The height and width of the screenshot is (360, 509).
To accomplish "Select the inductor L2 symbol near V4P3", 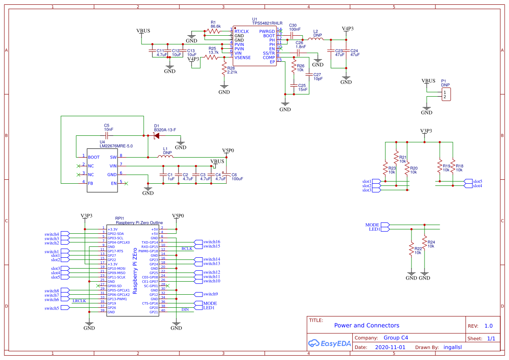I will pyautogui.click(x=316, y=40).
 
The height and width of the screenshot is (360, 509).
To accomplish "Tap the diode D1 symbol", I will pyautogui.click(x=157, y=136).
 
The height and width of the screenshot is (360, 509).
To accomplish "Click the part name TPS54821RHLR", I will pyautogui.click(x=267, y=24).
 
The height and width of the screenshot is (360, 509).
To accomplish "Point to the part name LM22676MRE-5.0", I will pyautogui.click(x=116, y=146).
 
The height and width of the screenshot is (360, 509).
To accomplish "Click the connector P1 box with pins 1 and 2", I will pyautogui.click(x=446, y=94).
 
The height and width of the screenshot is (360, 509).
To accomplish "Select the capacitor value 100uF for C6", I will pyautogui.click(x=237, y=179).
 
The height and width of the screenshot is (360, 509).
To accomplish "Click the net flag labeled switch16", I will pyautogui.click(x=211, y=242).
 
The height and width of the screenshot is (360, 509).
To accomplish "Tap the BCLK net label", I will pyautogui.click(x=187, y=249).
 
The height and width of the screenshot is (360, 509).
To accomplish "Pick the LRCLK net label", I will pyautogui.click(x=79, y=301).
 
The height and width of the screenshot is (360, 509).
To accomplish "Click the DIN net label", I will pyautogui.click(x=185, y=310).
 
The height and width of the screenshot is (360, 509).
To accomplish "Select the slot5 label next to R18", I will pyautogui.click(x=477, y=182).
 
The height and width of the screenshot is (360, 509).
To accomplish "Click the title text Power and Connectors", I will pyautogui.click(x=366, y=325).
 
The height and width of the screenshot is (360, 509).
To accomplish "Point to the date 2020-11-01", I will pyautogui.click(x=390, y=347).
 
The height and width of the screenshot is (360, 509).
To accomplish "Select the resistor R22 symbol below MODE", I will pyautogui.click(x=411, y=249).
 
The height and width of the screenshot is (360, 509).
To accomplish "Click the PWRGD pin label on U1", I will pyautogui.click(x=267, y=31).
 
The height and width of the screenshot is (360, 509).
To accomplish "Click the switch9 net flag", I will pyautogui.click(x=210, y=294).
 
